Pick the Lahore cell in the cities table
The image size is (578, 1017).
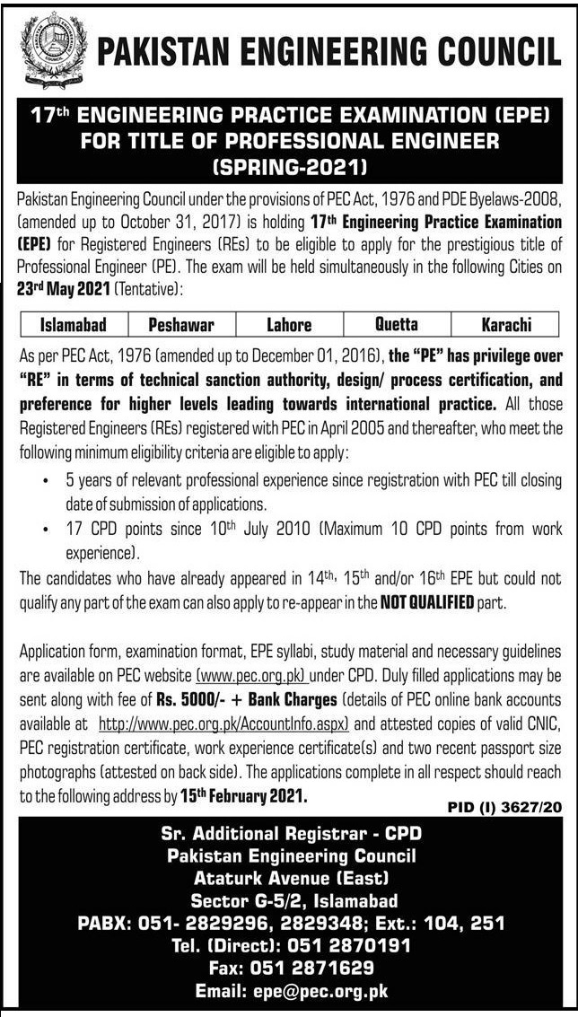click(289, 324)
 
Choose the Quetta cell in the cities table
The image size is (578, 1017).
click(396, 324)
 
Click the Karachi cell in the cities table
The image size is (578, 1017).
click(505, 324)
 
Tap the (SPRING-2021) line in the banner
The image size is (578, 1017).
click(289, 166)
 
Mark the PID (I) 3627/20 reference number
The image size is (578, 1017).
click(504, 808)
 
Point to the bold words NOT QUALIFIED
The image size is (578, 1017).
click(427, 602)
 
